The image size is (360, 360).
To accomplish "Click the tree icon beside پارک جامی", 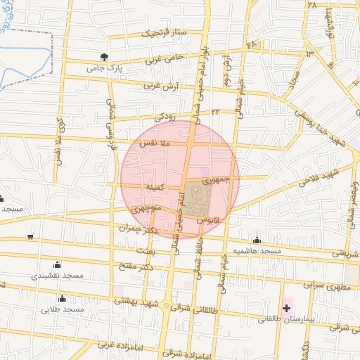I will (104, 57).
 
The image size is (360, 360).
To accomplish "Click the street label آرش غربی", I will (157, 86).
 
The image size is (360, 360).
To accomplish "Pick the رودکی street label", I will (165, 114).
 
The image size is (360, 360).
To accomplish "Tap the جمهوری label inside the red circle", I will (216, 181).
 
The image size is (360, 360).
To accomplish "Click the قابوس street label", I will (209, 219).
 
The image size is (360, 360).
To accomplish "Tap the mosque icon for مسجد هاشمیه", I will (257, 240).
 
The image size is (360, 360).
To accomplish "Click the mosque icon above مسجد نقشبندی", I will (57, 265).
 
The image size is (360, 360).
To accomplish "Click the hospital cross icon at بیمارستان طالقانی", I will (287, 308).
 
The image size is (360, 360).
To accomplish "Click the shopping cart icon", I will (30, 236).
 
